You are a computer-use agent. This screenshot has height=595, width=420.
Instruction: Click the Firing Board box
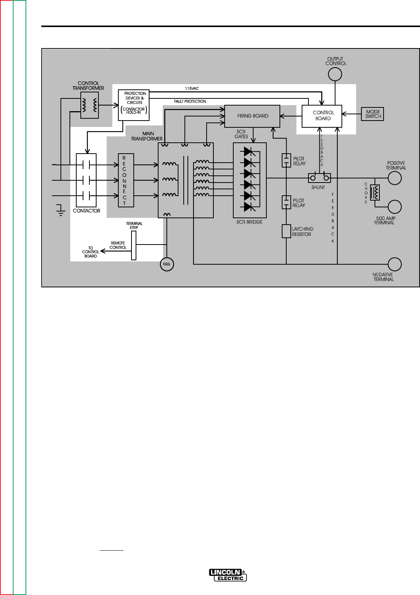(x=252, y=116)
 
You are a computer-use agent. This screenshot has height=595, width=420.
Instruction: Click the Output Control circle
(x=335, y=74)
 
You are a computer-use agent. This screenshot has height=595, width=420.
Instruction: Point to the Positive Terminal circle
(x=394, y=178)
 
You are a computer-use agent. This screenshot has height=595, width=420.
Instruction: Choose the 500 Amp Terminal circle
(x=394, y=207)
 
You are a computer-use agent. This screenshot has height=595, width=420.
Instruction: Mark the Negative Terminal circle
(x=394, y=264)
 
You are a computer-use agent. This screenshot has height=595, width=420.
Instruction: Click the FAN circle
(x=166, y=264)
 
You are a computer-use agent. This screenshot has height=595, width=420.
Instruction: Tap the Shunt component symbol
(x=319, y=178)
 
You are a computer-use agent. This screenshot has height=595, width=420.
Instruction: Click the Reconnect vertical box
(x=124, y=180)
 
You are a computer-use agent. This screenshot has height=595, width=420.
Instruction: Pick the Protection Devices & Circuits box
(x=134, y=105)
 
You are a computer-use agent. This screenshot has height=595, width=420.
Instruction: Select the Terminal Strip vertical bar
(x=133, y=245)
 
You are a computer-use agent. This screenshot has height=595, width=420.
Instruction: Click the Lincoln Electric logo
(x=228, y=575)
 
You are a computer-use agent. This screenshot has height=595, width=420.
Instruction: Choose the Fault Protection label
(x=190, y=101)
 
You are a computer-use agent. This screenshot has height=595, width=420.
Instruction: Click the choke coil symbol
(x=375, y=193)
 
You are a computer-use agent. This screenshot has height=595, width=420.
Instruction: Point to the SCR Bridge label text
(x=250, y=222)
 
